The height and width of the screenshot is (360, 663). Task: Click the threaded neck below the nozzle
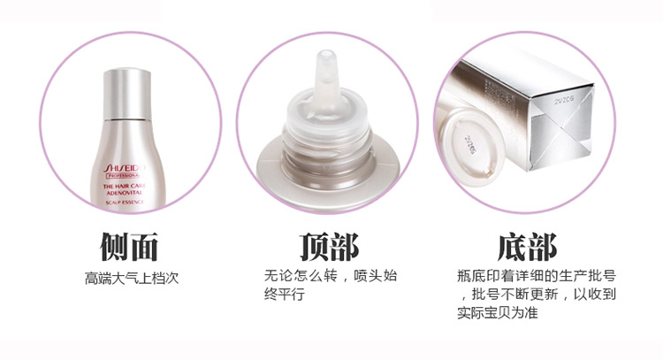pyautogui.click(x=324, y=133)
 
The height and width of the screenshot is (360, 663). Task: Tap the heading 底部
pyautogui.click(x=528, y=247)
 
